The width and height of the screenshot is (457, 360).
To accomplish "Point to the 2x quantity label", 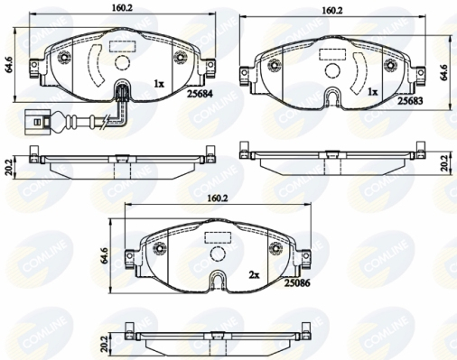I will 256,273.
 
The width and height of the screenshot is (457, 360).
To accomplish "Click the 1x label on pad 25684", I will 159,83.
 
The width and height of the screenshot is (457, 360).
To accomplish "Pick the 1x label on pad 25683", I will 372,92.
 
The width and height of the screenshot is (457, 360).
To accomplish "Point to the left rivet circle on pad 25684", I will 66,58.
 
